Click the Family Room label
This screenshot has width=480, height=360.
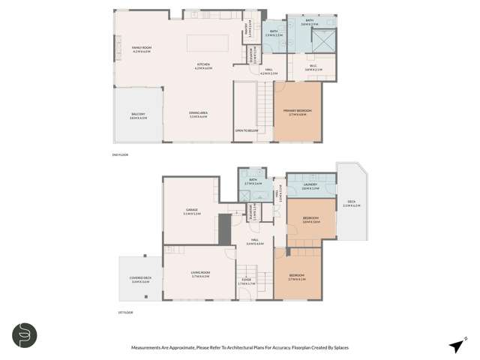tap(142, 49)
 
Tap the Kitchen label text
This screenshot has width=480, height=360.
tap(204, 66)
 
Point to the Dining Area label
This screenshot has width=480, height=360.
tap(199, 115)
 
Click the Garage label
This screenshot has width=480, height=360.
tap(191, 211)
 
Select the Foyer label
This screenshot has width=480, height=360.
tap(247, 283)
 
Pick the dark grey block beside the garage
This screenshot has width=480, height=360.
tap(223, 228)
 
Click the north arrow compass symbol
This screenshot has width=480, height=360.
tap(454, 345)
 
